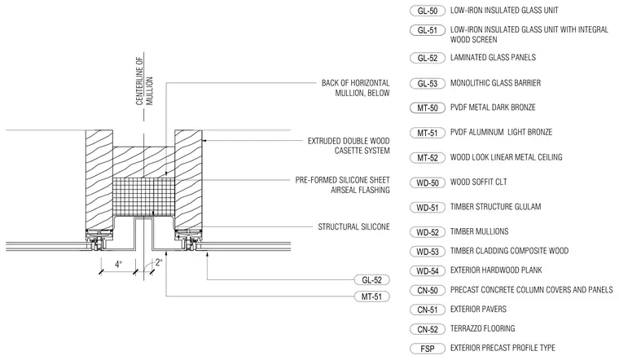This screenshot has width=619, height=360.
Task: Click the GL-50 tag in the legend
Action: point(428,11)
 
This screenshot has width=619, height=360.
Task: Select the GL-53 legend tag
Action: point(428,84)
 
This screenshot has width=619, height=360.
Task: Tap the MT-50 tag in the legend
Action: point(428,108)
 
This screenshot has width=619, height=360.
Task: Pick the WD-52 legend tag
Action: point(428,232)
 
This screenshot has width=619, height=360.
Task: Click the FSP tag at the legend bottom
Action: point(428,349)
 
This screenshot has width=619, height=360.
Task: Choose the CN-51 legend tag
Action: point(428,310)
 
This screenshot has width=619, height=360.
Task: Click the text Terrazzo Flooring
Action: point(482,328)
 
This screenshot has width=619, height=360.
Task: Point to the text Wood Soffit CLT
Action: point(478,182)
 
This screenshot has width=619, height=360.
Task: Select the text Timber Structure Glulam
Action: point(495,206)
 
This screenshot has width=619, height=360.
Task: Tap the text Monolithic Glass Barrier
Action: point(495,83)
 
